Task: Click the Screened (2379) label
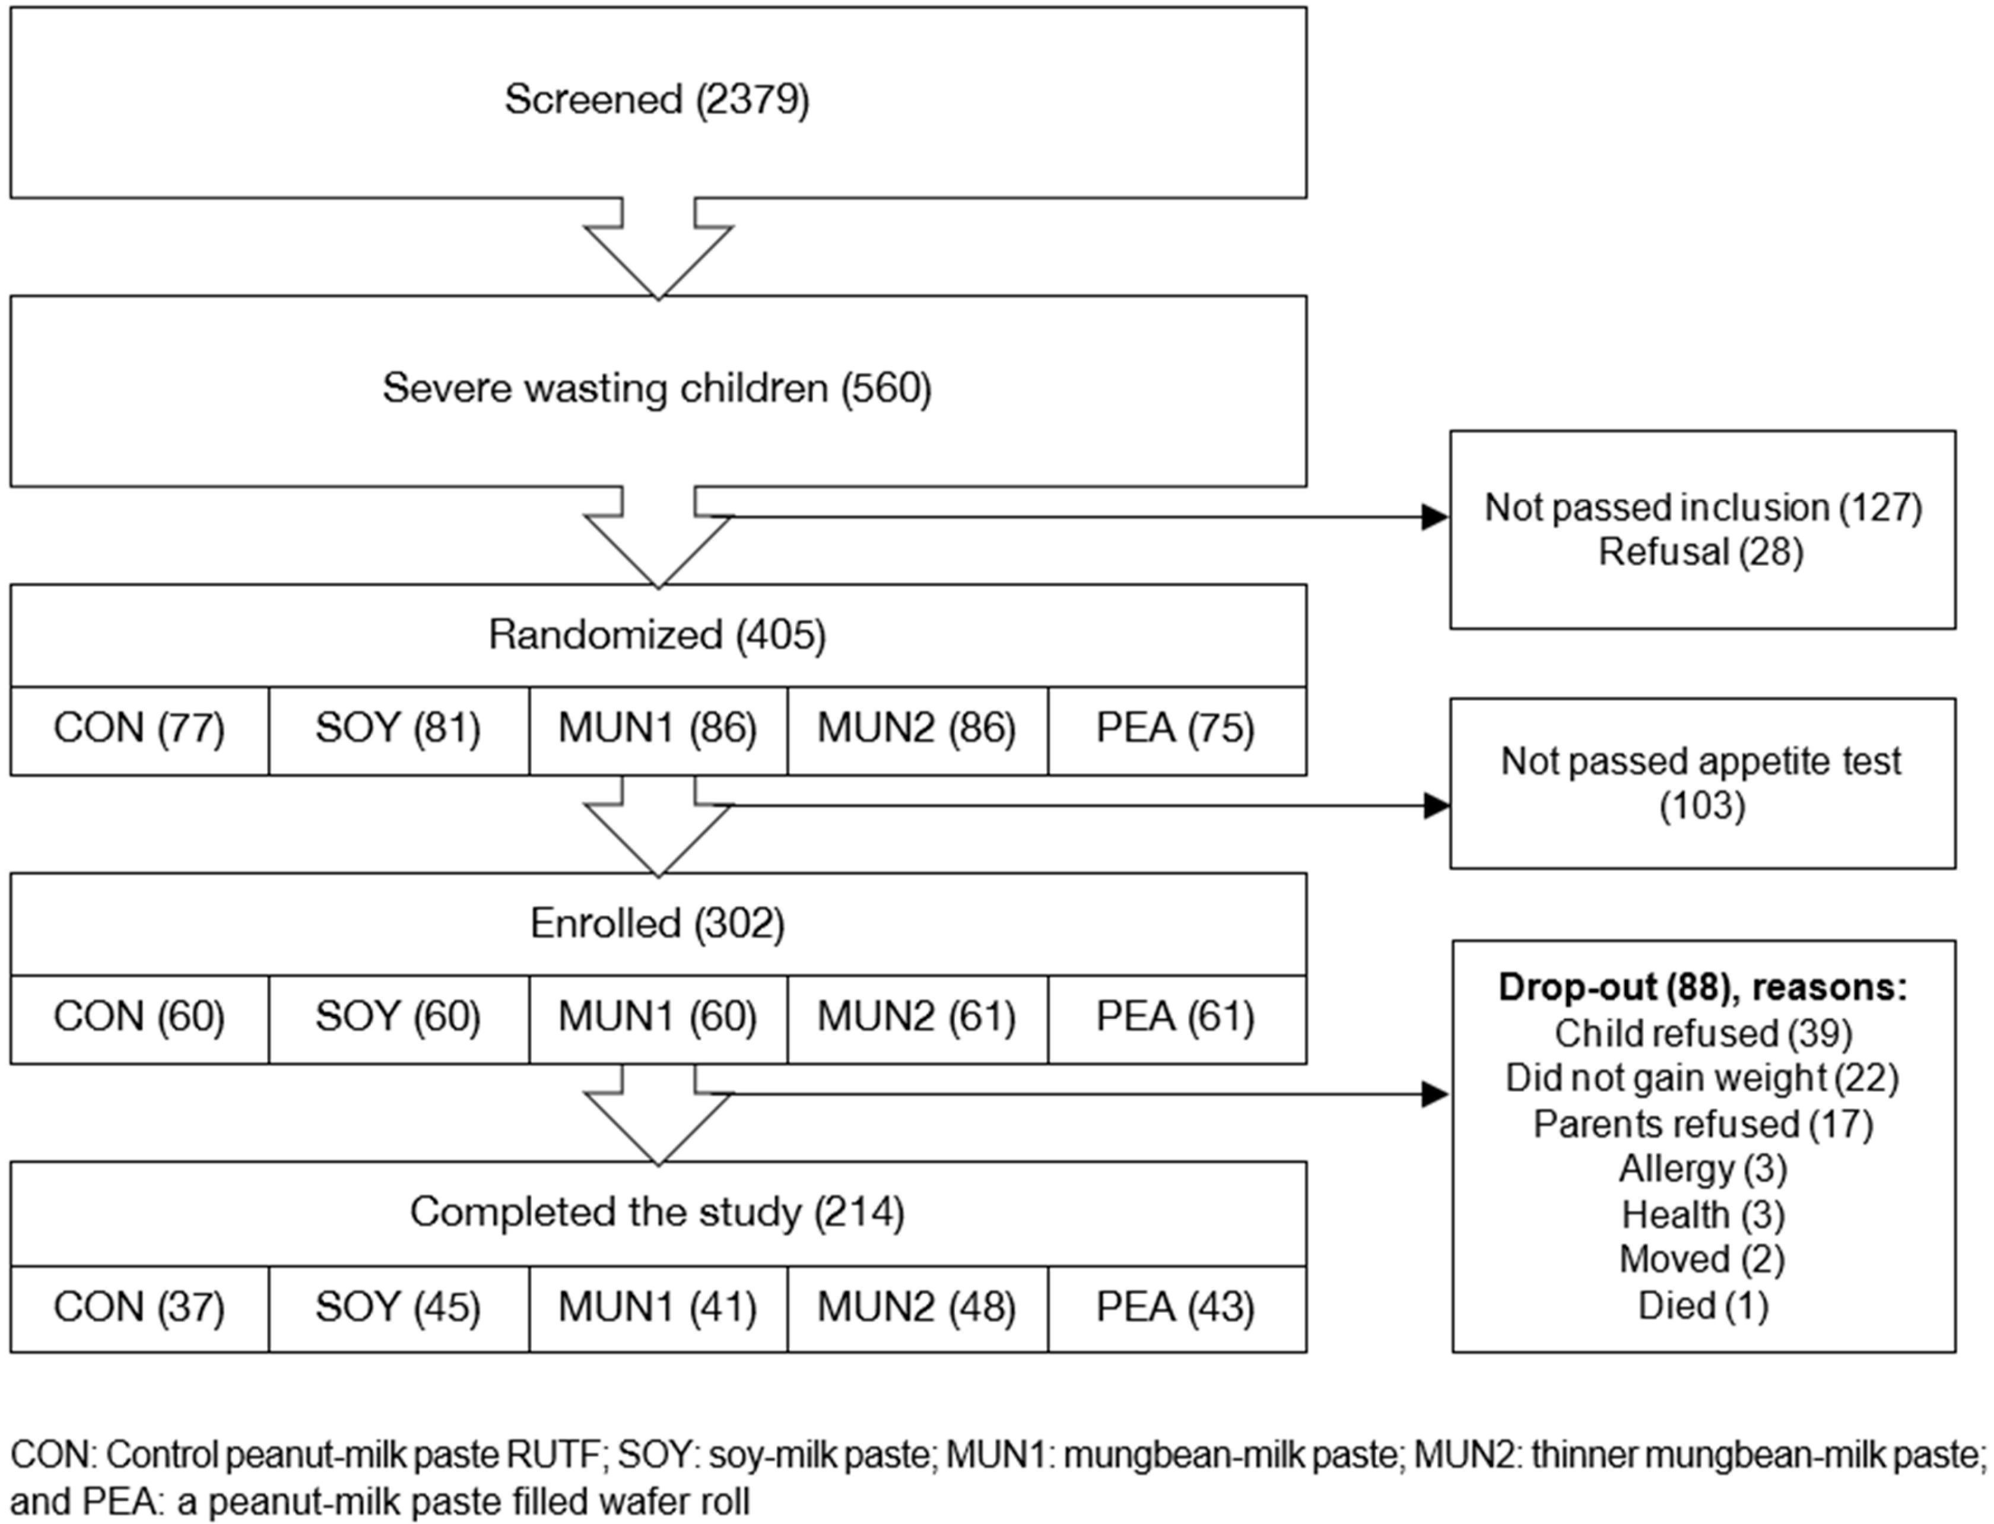(657, 100)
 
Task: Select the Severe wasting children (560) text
(657, 388)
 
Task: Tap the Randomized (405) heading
(657, 635)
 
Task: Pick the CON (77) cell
(139, 728)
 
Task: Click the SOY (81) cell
(398, 728)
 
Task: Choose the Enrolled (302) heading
(657, 923)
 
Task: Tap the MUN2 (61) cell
(916, 1017)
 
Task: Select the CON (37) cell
(139, 1307)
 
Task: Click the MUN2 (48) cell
(916, 1307)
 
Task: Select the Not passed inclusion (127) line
(1703, 508)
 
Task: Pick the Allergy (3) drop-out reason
(1703, 1169)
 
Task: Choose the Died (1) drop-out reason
(1703, 1306)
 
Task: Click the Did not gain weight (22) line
(1703, 1078)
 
